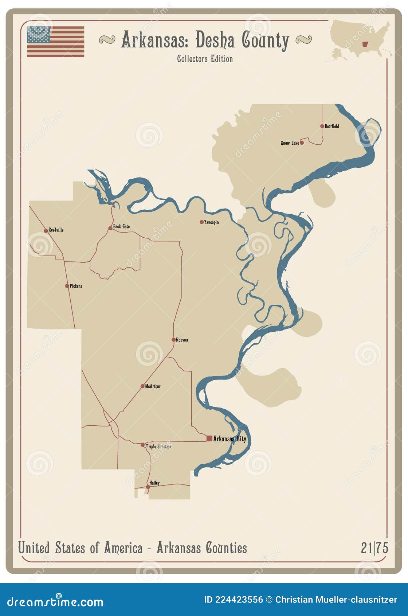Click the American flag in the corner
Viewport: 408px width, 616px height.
55,42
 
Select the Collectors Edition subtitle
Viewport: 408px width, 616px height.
205,59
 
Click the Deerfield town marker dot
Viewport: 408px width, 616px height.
322,126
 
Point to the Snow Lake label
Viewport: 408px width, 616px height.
290,143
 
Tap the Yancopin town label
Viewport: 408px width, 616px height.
211,222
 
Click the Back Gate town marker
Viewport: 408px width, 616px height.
110,228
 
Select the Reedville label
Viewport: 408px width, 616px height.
56,230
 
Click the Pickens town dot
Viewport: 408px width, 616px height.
67,286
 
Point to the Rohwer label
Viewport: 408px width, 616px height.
182,340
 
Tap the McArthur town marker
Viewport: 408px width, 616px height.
142,386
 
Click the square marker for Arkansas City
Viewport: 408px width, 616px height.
209,438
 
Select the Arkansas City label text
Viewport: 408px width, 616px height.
229,438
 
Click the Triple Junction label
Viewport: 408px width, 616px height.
158,447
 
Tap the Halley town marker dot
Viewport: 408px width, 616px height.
148,487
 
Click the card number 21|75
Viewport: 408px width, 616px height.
374,548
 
